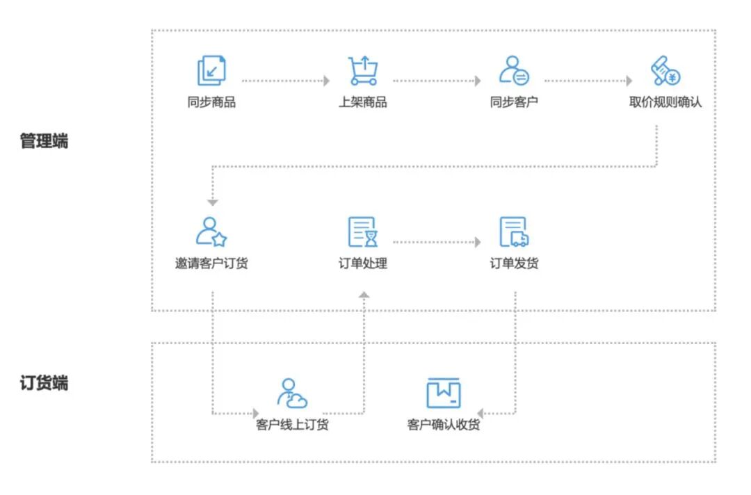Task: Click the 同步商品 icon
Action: coord(211,71)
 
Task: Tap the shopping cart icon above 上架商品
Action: coord(363,71)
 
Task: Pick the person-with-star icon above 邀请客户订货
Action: coord(211,232)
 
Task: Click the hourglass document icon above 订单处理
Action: coord(363,232)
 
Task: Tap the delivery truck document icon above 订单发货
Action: coord(514,232)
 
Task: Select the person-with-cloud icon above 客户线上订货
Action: coord(292,393)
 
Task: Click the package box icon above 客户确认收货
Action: coord(444,393)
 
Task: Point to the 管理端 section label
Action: coord(44,142)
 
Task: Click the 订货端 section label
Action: coord(44,383)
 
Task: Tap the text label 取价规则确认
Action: coord(665,102)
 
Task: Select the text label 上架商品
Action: coord(363,102)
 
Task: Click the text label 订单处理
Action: coord(363,263)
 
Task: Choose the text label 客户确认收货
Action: coord(444,424)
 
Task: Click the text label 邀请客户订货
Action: coord(211,263)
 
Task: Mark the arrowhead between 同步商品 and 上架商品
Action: coord(326,81)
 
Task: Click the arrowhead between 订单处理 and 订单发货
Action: coord(477,242)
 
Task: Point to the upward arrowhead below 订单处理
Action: coord(363,295)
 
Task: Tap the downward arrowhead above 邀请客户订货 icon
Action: coord(212,203)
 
